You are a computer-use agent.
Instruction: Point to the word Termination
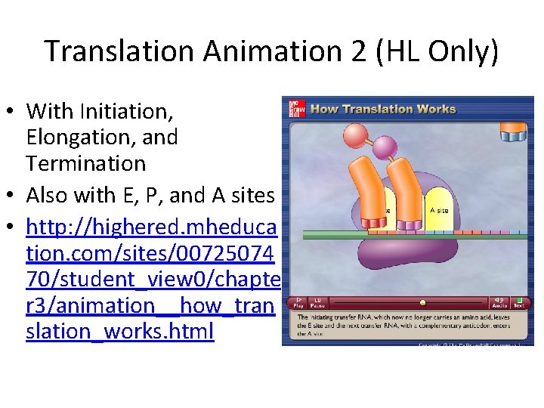(x=85, y=163)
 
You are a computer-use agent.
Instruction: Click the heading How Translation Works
(x=383, y=108)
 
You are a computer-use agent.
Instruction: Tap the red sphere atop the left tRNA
(x=356, y=136)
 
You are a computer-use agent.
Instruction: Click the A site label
(x=438, y=210)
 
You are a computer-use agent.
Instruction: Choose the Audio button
(x=500, y=302)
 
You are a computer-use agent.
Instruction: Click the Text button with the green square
(x=519, y=302)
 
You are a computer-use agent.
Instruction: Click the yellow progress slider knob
(x=422, y=303)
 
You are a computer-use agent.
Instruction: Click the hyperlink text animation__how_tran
(x=150, y=305)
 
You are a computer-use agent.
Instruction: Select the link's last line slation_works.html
(x=120, y=331)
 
